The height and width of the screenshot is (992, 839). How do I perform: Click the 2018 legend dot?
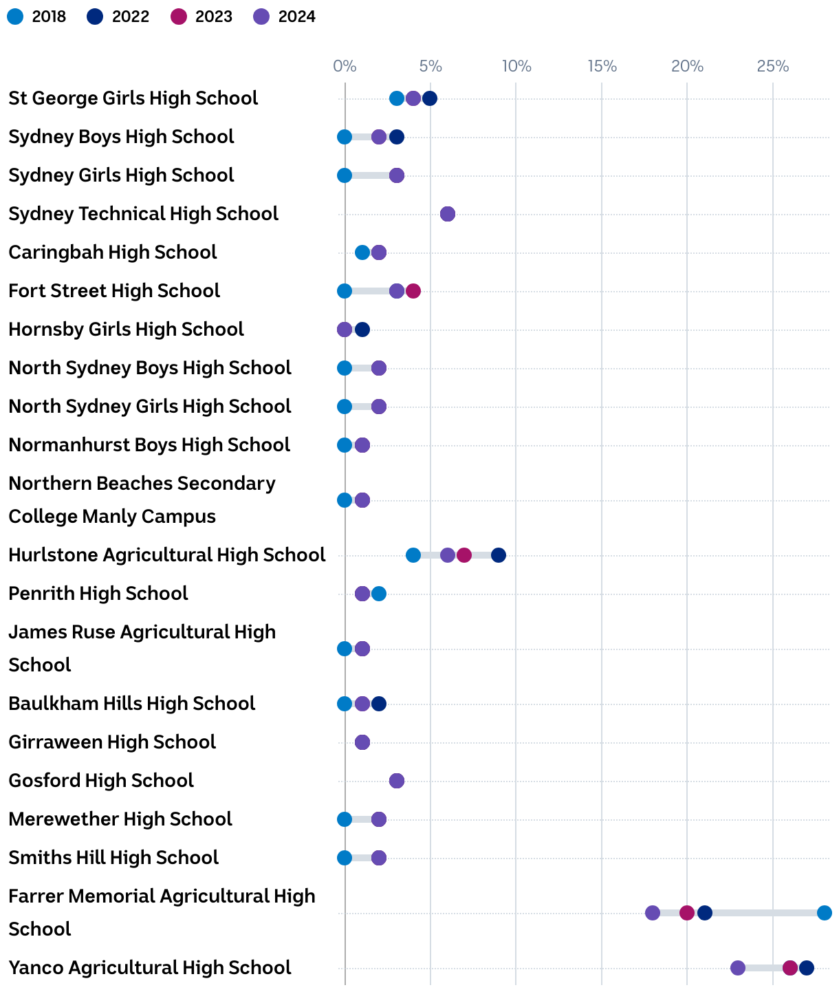[x=15, y=17]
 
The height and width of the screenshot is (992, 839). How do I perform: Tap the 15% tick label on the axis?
[x=602, y=66]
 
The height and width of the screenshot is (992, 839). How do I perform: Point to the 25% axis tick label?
[x=773, y=66]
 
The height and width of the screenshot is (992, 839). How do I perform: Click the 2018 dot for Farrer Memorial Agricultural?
[x=825, y=913]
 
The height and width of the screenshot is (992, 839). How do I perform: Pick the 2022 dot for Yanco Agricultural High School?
[x=807, y=968]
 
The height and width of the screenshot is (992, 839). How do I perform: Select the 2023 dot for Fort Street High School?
[x=413, y=291]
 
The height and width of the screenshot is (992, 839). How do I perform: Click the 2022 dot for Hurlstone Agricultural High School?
[x=499, y=555]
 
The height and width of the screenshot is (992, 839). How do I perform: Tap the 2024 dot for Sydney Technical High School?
[x=448, y=214]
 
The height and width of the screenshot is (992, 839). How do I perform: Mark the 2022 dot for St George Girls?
[x=430, y=98]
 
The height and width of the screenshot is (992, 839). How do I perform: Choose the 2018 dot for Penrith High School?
[x=379, y=594]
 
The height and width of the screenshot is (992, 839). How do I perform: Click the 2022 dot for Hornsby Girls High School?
[x=362, y=330]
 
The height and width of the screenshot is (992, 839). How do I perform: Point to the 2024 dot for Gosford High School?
[x=397, y=781]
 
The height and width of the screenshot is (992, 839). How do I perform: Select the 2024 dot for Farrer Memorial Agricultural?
[x=653, y=913]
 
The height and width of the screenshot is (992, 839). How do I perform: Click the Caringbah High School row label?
[x=113, y=252]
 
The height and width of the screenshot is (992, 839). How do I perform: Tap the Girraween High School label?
[x=112, y=742]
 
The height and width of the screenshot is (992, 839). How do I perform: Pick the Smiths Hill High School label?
[x=113, y=858]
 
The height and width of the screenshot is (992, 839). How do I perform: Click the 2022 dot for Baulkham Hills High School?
[x=379, y=704]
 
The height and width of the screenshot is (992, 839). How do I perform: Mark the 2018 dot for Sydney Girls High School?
[x=345, y=175]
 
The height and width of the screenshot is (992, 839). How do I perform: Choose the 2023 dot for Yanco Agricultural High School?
[x=790, y=968]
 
